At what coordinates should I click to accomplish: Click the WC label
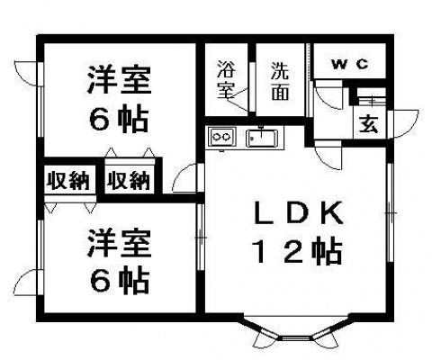pos(350,64)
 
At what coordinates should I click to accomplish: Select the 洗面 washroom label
pos(280,81)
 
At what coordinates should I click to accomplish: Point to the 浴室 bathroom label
pos(227,79)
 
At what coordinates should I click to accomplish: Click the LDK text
pos(298,213)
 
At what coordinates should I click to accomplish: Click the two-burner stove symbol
pos(222,137)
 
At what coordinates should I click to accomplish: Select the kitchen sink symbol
pos(262,138)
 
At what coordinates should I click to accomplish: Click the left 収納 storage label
pos(69,181)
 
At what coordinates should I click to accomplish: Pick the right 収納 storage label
pos(129,181)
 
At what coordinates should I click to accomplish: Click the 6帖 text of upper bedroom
pos(119,120)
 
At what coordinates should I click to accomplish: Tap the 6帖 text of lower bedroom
pos(120,281)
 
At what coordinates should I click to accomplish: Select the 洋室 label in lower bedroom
pos(119,242)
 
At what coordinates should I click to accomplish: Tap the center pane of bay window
pos(296,338)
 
